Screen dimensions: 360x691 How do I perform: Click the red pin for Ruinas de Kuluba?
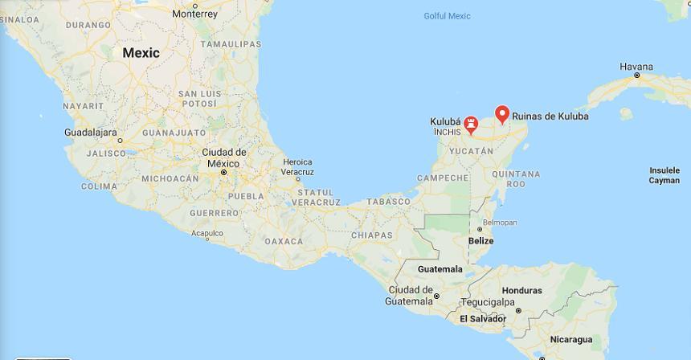(x=502, y=114)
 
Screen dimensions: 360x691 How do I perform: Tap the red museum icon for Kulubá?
(x=472, y=124)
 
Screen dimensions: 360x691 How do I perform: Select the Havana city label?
(x=636, y=67)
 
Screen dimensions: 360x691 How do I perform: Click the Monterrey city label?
(x=194, y=14)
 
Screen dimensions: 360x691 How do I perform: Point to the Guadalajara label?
(x=91, y=132)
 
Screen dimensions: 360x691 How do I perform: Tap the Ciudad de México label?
(x=224, y=157)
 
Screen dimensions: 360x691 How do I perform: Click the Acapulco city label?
(x=206, y=234)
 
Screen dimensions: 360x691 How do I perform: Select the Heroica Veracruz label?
(x=297, y=167)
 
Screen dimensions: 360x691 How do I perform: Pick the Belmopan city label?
(x=499, y=223)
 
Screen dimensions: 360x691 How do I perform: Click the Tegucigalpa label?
(x=488, y=302)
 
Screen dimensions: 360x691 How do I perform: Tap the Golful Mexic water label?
(x=447, y=16)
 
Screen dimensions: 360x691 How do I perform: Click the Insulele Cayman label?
(x=664, y=175)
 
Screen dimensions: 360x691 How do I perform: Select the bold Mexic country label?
(x=141, y=53)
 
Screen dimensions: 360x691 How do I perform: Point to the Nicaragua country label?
(x=570, y=339)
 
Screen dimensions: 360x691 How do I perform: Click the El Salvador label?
(x=483, y=319)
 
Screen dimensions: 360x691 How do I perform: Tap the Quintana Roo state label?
(x=515, y=178)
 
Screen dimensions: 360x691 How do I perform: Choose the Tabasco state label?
(x=389, y=202)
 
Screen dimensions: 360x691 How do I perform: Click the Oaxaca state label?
(x=284, y=241)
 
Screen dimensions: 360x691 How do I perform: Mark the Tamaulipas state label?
(x=231, y=44)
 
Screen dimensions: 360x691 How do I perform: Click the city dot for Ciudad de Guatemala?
(x=436, y=297)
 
